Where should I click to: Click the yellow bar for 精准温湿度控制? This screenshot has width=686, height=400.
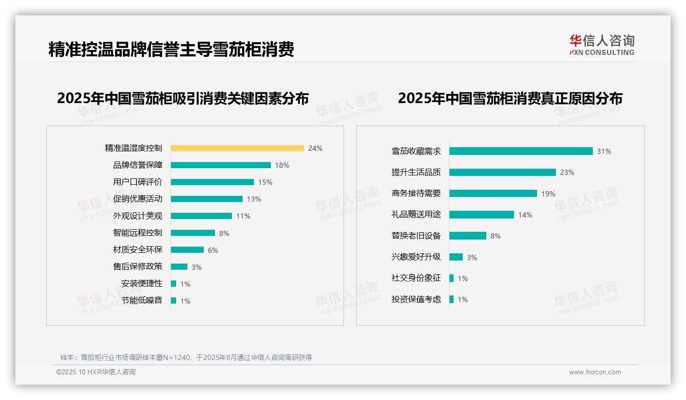pyautogui.click(x=237, y=148)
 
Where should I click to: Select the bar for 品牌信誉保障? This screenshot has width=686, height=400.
pyautogui.click(x=221, y=165)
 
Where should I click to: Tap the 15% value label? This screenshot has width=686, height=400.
pyautogui.click(x=265, y=182)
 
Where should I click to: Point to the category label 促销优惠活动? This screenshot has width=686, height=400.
pyautogui.click(x=137, y=199)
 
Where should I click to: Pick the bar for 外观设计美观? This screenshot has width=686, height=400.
pyautogui.click(x=201, y=216)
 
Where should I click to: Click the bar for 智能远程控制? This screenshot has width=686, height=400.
pyautogui.click(x=193, y=233)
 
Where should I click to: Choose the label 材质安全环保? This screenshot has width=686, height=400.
pyautogui.click(x=137, y=250)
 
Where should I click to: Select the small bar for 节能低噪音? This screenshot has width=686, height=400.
pyautogui.click(x=174, y=301)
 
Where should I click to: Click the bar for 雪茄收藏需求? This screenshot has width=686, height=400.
pyautogui.click(x=521, y=151)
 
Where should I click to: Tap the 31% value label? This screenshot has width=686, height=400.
pyautogui.click(x=604, y=151)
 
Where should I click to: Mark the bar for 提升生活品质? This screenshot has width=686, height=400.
pyautogui.click(x=502, y=172)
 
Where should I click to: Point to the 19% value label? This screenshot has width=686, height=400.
pyautogui.click(x=548, y=194)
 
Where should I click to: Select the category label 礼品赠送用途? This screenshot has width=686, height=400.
pyautogui.click(x=416, y=215)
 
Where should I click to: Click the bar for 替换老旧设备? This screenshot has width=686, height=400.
pyautogui.click(x=467, y=236)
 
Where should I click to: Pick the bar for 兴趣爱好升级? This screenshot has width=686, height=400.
pyautogui.click(x=456, y=257)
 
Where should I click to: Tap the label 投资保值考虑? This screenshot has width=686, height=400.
pyautogui.click(x=416, y=299)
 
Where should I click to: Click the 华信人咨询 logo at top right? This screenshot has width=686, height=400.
pyautogui.click(x=602, y=45)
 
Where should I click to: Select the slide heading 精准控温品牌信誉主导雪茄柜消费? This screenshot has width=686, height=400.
pyautogui.click(x=171, y=50)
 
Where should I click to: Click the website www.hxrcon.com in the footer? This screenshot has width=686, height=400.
pyautogui.click(x=595, y=372)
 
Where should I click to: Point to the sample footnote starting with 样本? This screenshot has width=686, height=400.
pyautogui.click(x=186, y=357)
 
